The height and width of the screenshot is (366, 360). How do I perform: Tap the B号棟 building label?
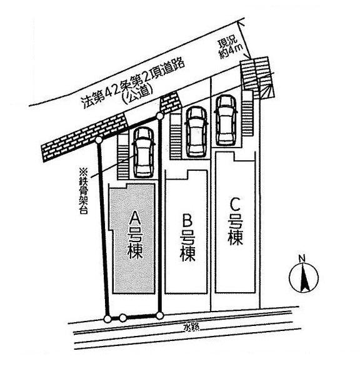pos(187,238)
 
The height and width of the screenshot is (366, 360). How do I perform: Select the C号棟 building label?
pos(236,221)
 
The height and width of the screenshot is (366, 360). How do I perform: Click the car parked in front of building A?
pos(143,152)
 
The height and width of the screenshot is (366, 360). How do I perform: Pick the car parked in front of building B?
pos(196,132)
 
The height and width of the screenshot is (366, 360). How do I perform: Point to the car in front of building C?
pos(226,121)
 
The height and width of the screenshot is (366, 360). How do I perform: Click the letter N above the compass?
pos(302,258)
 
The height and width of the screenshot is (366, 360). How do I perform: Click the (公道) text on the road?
pos(138,93)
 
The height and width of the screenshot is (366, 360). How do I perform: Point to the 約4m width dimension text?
pos(231,51)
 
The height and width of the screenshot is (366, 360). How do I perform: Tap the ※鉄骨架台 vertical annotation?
pos(83,191)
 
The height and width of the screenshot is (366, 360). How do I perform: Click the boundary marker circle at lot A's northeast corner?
pos(160,116)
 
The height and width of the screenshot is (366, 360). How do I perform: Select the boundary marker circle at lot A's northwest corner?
pos(99,140)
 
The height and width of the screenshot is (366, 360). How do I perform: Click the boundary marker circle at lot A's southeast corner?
pos(159,316)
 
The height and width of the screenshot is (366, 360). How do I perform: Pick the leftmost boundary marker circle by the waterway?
pos(107,319)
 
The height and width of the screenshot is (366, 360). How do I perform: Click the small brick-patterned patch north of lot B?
pos(170,103)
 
